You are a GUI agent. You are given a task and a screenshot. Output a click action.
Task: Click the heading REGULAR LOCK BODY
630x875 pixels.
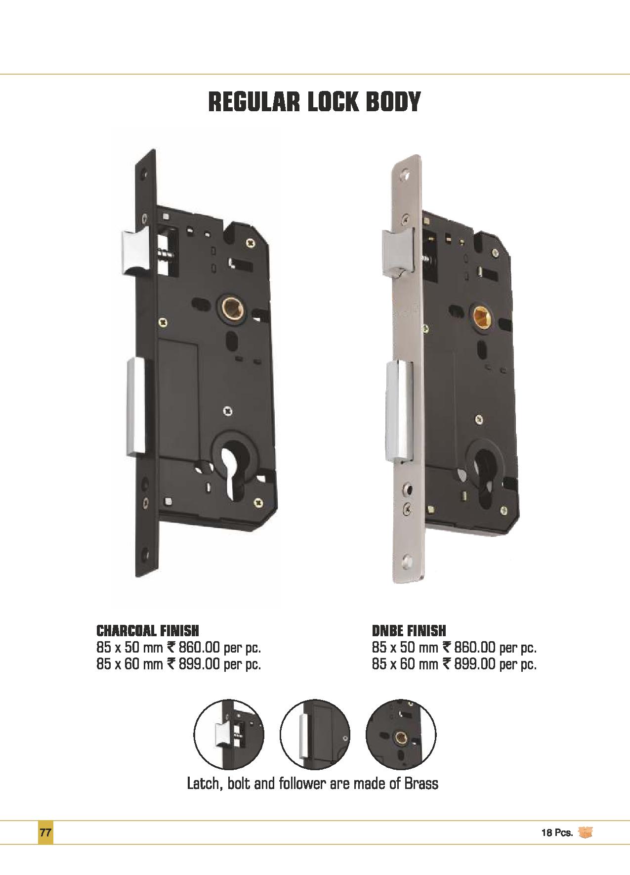(x=314, y=101)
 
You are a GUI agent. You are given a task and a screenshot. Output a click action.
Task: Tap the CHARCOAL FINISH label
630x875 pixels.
(x=148, y=631)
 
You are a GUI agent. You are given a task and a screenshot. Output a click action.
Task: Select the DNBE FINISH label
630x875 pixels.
(x=409, y=631)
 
